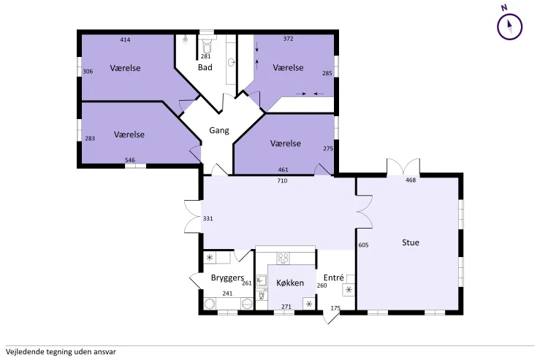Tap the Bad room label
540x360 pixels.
tap(205, 67)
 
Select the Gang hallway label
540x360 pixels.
tap(219, 131)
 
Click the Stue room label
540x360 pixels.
tap(411, 242)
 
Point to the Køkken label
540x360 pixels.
tap(290, 283)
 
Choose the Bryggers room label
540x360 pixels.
tap(227, 278)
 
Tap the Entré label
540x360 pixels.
tap(333, 277)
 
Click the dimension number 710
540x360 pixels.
tap(282, 180)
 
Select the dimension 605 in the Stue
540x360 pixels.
tap(363, 245)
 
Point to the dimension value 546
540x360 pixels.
tap(130, 160)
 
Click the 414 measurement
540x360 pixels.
tap(125, 40)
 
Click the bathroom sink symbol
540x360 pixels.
tap(232, 63)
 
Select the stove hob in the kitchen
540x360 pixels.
tap(284, 258)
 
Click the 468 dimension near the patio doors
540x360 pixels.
tap(411, 180)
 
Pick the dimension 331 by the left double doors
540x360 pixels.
tap(208, 218)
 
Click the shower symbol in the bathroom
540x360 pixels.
tap(186, 39)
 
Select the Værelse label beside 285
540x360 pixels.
tap(288, 67)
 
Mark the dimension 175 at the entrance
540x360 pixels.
tap(335, 308)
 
